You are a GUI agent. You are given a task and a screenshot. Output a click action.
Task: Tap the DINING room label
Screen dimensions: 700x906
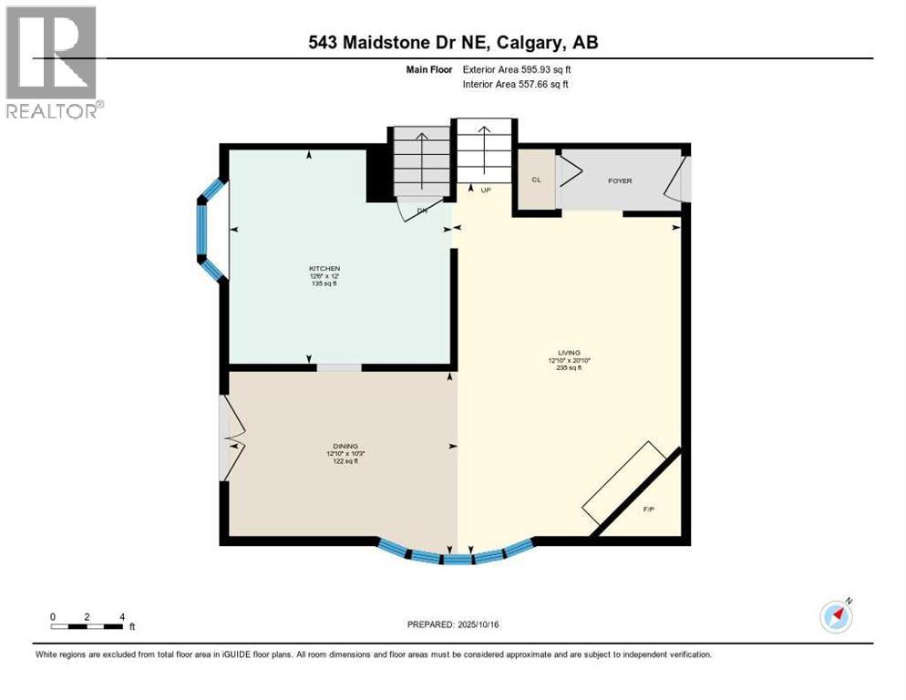pos(342,447)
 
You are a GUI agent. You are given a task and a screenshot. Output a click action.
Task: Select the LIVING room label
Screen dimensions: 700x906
pos(569,353)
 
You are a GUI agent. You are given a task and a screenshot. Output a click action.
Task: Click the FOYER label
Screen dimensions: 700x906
pos(620,180)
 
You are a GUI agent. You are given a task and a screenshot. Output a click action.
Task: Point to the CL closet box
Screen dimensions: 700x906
pos(536,180)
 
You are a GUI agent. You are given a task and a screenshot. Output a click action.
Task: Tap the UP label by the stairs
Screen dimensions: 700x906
pos(485,190)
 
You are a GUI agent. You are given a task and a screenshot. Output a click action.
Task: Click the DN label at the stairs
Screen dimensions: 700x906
pos(422,211)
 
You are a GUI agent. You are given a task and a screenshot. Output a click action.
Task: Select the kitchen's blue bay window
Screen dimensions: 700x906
pos(208,228)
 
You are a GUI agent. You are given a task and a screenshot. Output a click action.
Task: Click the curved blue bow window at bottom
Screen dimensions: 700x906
pos(455,553)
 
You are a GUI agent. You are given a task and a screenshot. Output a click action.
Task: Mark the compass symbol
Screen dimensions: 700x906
pos(836,616)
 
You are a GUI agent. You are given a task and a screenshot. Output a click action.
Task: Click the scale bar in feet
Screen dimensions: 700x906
pos(88,626)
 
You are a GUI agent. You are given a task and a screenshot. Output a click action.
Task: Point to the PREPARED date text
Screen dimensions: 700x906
pos(454,624)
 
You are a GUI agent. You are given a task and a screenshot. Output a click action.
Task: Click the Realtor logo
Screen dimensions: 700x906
pos(52,62)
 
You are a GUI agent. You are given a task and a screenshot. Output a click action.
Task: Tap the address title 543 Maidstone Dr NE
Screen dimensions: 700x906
pos(453,42)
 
